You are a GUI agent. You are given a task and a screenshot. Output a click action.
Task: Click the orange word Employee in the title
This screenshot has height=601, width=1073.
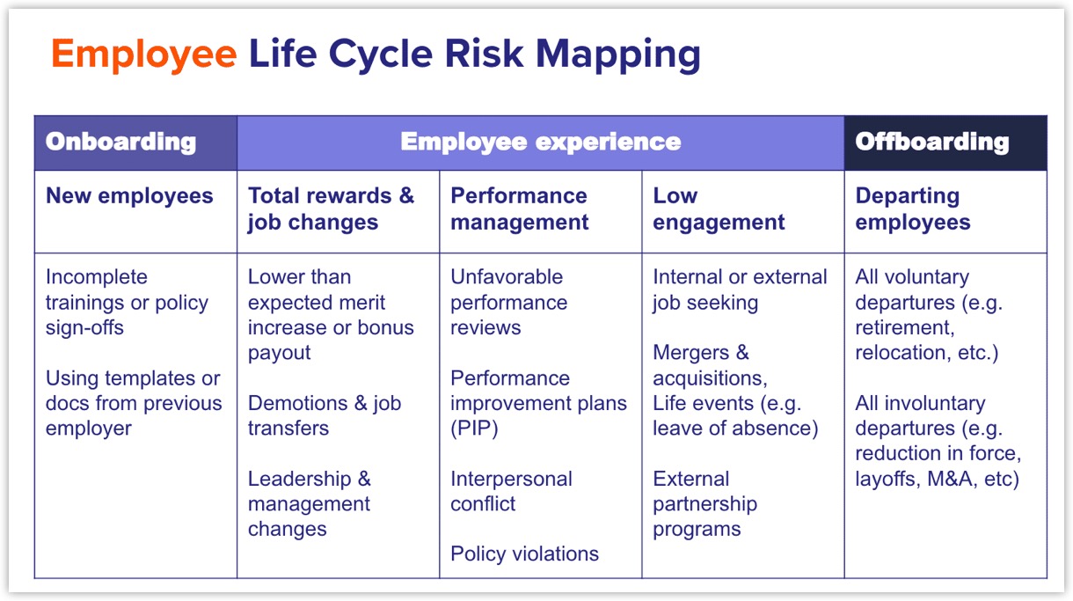(143, 55)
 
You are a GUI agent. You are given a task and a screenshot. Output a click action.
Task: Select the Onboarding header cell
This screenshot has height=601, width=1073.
(120, 143)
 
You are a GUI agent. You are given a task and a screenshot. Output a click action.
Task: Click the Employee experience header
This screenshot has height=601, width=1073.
(540, 143)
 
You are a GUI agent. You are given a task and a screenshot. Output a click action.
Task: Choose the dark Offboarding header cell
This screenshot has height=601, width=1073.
(931, 143)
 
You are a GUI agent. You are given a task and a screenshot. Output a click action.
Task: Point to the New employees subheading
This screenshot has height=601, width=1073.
(129, 195)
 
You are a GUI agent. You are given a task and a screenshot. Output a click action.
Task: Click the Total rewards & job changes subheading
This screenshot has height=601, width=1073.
(331, 209)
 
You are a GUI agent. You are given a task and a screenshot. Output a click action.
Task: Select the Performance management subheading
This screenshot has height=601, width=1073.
(519, 209)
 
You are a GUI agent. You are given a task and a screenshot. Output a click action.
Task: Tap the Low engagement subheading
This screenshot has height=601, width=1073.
(719, 209)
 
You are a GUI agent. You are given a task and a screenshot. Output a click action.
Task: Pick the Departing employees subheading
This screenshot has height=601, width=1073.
(912, 209)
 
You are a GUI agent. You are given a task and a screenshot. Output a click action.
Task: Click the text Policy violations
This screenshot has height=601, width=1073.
(524, 553)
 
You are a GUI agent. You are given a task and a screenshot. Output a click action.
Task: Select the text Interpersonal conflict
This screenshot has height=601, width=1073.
(511, 491)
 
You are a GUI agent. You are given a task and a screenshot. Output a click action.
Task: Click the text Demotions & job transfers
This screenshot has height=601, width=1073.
(324, 415)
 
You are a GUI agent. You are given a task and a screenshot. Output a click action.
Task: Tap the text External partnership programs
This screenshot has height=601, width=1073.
(704, 504)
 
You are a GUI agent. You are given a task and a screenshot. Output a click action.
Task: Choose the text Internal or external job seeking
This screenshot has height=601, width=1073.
(740, 290)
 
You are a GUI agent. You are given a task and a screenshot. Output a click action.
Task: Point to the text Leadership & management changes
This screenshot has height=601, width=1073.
(310, 504)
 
